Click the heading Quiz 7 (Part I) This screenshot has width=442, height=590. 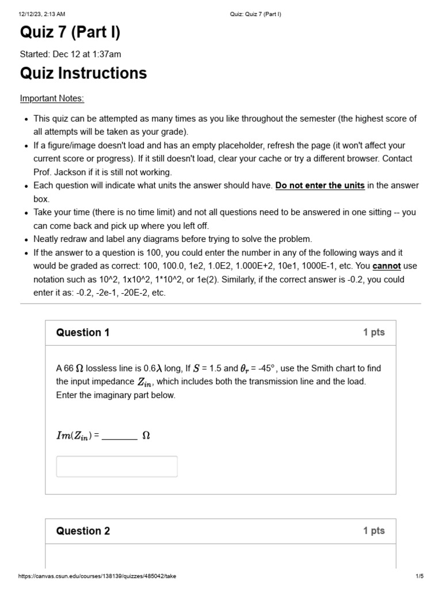[70, 33]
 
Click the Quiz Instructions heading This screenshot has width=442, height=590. [83, 73]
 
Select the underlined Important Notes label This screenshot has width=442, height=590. [52, 99]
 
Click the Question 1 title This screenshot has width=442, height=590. [82, 332]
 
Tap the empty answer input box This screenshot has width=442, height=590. [117, 466]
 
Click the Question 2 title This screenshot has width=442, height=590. [83, 531]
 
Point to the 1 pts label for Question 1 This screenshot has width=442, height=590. [374, 332]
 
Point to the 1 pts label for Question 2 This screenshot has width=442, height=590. [374, 531]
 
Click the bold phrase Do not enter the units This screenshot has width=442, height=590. [320, 186]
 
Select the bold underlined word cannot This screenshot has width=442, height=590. [387, 266]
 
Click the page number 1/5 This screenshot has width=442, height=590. [419, 576]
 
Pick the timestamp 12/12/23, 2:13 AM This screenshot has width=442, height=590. [42, 14]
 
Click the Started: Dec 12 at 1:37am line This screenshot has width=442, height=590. [70, 54]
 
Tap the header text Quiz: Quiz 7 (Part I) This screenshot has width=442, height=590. [252, 14]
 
